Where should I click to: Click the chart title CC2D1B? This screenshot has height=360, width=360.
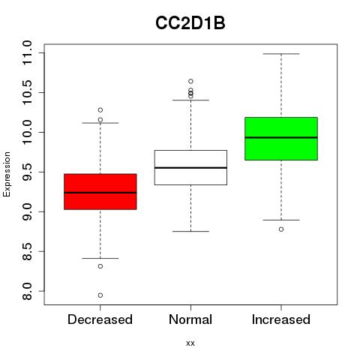190,23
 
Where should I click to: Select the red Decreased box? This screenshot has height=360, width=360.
100,192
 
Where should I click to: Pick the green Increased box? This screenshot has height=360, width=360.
281,139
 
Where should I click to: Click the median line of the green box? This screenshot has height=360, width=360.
281,137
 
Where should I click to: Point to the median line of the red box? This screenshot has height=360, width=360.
100,193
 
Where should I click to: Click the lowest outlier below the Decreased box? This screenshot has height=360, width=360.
100,295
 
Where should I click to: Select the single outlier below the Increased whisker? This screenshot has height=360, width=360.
281,229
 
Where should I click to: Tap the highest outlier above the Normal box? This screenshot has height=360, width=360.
190,81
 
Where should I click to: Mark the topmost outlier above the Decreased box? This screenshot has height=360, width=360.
100,110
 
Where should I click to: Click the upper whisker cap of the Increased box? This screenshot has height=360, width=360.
281,54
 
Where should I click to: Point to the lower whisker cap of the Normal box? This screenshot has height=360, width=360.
190,231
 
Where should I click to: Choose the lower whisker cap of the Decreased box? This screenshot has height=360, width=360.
100,258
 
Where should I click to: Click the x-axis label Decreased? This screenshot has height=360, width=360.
100,319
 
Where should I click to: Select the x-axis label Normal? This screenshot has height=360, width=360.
190,319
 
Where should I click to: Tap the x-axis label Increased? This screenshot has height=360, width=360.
281,319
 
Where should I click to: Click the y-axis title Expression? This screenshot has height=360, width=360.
7,174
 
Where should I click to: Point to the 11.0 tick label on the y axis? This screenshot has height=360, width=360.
27,53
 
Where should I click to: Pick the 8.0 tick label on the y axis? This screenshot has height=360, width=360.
27,291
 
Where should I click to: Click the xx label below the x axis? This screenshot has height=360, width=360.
190,343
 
